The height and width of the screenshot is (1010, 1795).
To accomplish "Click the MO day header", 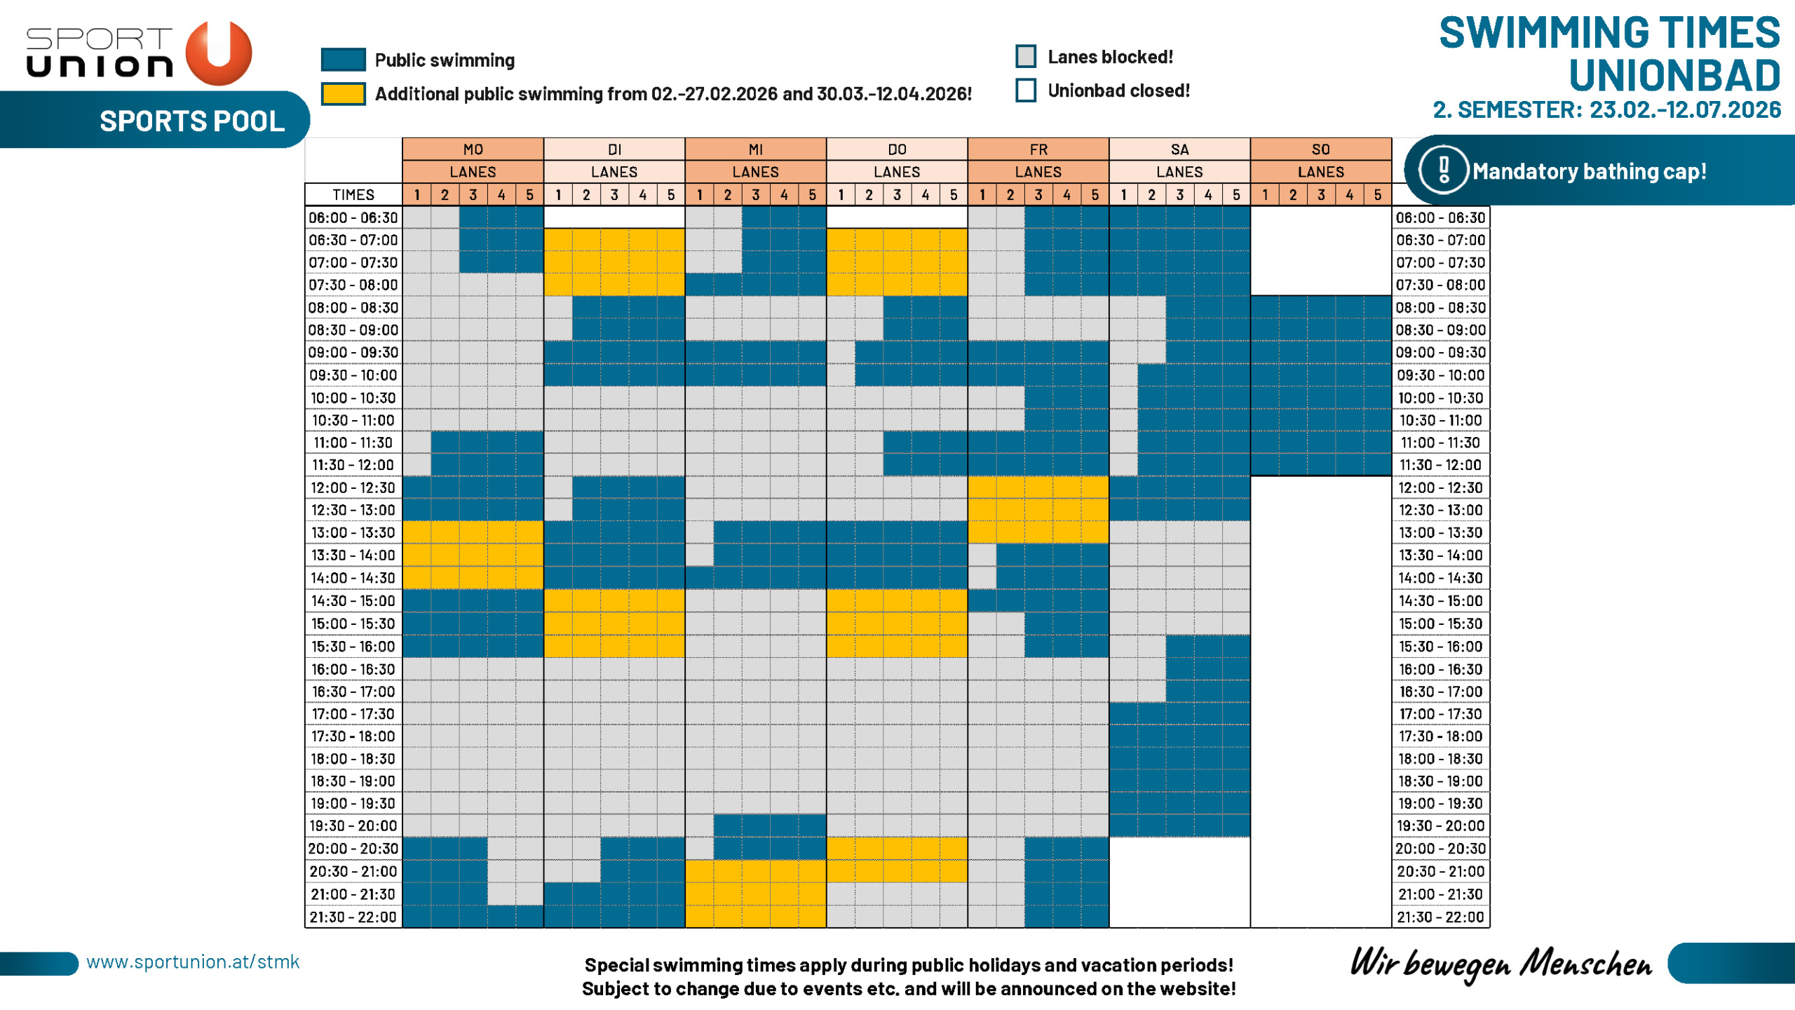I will point(473,149).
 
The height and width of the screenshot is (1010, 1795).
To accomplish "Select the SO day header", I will point(1320,149).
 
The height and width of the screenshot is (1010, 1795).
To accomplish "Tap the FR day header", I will point(1038,149).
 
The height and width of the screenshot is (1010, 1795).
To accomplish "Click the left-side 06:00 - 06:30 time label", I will point(353,217).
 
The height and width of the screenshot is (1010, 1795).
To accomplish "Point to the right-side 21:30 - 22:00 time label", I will point(1440,917).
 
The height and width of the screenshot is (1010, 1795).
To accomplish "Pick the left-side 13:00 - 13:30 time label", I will point(353,532).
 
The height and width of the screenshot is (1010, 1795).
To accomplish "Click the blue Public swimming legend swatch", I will point(343,60).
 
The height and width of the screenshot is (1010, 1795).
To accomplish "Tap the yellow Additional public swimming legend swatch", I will point(343,94).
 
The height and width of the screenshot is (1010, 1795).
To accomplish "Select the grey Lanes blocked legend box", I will point(1026,56).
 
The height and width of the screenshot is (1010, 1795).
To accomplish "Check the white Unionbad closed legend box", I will point(1026,90).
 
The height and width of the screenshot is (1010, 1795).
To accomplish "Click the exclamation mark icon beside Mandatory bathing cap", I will point(1443,170).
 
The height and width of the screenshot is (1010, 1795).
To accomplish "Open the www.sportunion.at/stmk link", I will point(193,962).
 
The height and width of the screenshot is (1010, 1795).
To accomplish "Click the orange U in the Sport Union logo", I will point(219,53).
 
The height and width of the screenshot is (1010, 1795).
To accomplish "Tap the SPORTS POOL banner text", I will point(192,121).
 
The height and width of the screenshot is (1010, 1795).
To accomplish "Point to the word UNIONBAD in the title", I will point(1674,75).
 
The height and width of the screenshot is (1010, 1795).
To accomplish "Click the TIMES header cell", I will point(353,194).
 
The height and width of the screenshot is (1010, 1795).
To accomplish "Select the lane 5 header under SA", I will point(1235,194).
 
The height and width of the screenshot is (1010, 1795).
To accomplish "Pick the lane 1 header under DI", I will point(558,194).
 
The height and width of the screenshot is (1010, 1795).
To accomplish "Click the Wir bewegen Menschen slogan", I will point(1501,964).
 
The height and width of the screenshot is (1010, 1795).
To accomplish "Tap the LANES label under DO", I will point(897,172).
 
